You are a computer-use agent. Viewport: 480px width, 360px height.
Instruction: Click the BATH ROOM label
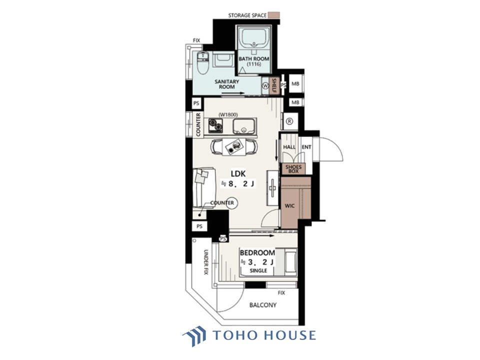point(254,59)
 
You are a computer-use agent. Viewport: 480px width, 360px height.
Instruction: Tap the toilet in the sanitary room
point(202,63)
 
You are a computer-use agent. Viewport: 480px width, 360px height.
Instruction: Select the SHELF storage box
point(274,85)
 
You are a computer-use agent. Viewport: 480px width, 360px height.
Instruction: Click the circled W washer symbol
point(265,86)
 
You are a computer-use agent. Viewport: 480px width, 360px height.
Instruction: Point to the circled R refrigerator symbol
point(289,121)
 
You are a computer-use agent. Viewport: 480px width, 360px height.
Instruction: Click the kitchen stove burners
point(215,125)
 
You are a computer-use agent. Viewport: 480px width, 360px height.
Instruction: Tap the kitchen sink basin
point(243,126)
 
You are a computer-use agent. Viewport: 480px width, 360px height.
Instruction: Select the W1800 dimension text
point(228,115)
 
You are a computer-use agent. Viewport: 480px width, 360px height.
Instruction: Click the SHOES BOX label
point(293,169)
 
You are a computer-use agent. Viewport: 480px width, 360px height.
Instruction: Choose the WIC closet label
point(289,205)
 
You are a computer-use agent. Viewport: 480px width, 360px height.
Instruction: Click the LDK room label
point(238,174)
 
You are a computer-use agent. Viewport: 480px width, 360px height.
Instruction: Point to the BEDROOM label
point(257,253)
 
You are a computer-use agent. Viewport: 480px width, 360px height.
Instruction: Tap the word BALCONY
point(263,305)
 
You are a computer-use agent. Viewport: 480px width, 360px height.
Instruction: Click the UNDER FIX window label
point(206,262)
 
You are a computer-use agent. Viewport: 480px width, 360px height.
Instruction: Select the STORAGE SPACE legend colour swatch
point(273,15)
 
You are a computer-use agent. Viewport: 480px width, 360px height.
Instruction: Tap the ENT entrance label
point(306,147)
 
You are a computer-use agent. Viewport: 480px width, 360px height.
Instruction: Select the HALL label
point(289,147)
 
